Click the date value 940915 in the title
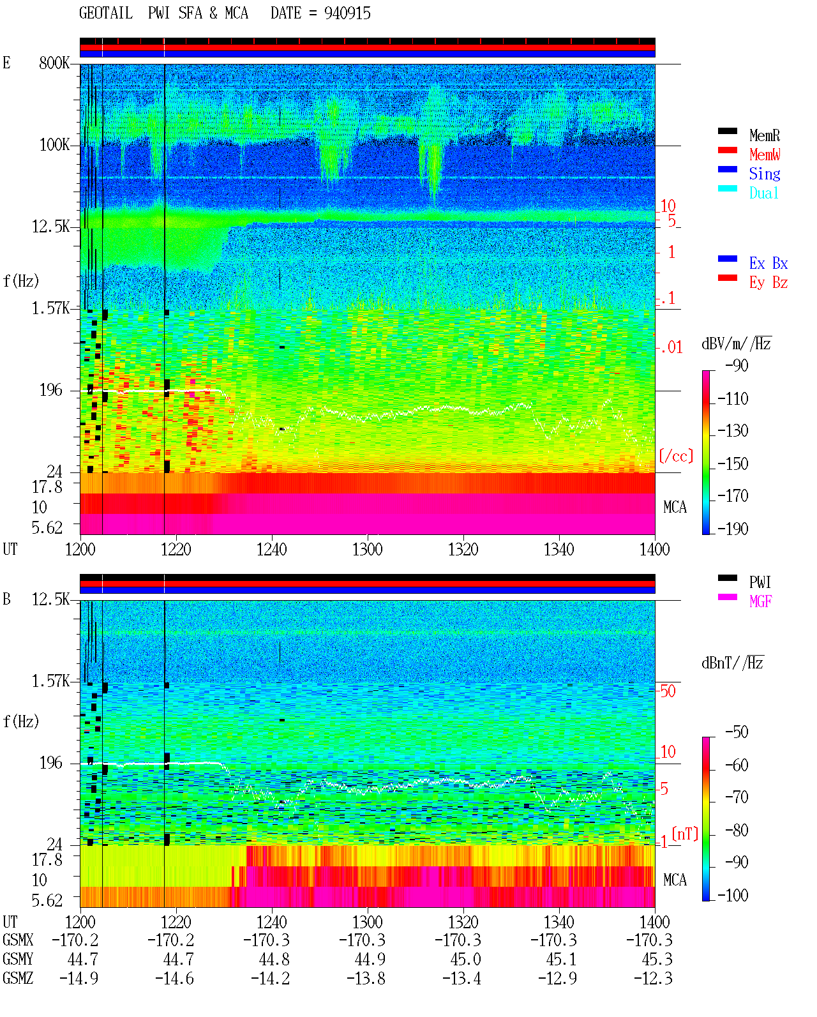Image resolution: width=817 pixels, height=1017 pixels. coord(347,13)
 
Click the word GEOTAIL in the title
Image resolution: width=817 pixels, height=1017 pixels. coord(106,13)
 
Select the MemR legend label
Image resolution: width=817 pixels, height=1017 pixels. coord(764,135)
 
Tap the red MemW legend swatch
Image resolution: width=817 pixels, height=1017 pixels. coord(727,150)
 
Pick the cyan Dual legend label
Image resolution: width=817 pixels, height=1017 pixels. coord(763,193)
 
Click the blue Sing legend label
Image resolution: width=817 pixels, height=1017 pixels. coord(764,174)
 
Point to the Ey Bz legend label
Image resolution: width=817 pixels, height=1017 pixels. coord(768,283)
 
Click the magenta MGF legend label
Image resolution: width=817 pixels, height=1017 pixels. coord(760,601)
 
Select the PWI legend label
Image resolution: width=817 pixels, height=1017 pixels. coord(760,582)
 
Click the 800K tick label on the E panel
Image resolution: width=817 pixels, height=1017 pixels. coord(54,63)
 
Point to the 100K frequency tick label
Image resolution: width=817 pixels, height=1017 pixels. coord(54,145)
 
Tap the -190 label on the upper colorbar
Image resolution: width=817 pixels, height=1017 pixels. coord(733,529)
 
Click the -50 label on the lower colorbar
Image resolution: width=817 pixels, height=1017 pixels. coord(737,732)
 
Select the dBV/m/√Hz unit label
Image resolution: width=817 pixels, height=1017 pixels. coord(737,343)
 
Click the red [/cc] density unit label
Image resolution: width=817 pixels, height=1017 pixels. coord(676,456)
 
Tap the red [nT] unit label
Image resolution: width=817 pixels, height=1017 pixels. coord(685,834)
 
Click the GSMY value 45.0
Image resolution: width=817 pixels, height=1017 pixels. coord(465,960)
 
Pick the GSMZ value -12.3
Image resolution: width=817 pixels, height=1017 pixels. coord(652,978)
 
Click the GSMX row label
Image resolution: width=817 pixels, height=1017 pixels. coord(18,940)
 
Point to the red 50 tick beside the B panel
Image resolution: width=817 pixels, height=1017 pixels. coord(668,691)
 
